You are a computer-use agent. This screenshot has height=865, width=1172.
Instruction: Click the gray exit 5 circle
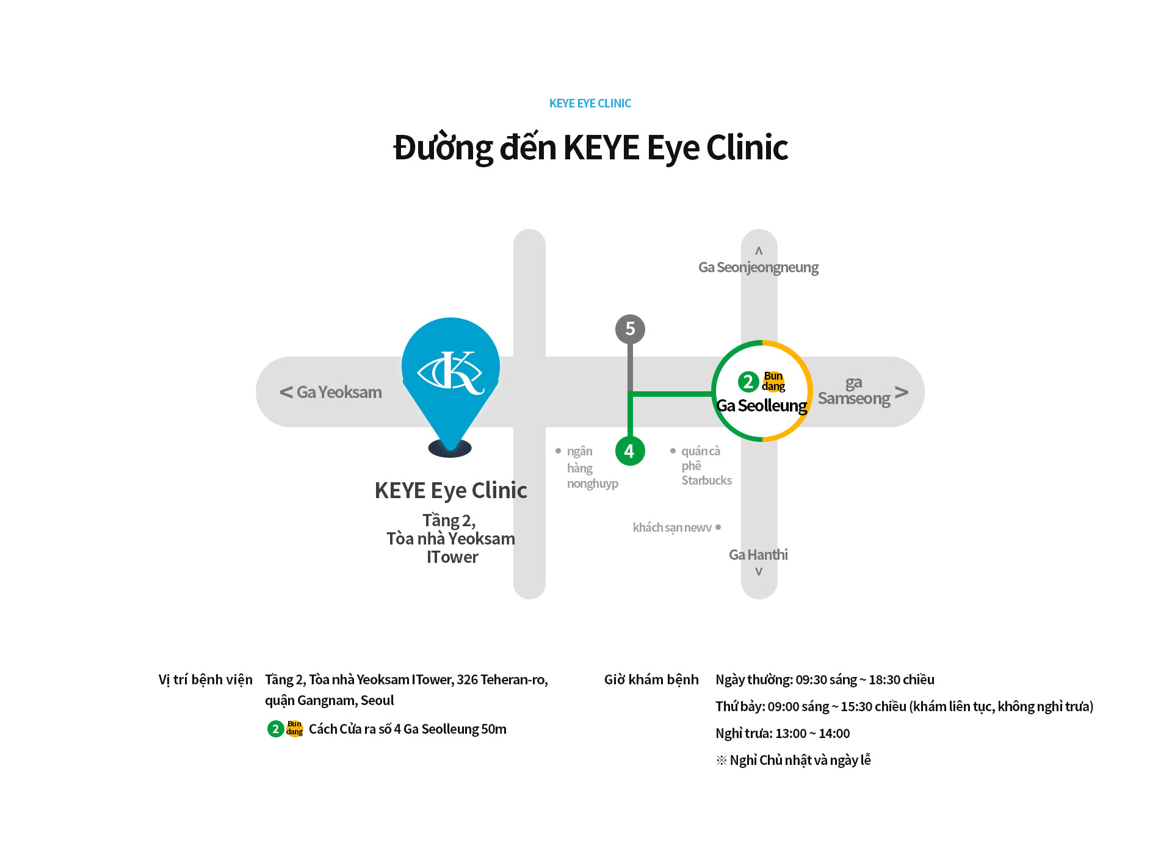click(630, 329)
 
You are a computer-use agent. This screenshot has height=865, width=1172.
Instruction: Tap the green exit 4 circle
click(630, 451)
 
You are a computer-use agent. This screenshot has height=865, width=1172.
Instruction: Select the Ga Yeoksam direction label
click(331, 392)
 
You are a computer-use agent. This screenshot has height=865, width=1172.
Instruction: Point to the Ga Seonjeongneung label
click(758, 267)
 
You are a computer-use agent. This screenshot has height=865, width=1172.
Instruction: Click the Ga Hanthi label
click(758, 555)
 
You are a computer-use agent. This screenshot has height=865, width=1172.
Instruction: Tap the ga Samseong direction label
click(855, 391)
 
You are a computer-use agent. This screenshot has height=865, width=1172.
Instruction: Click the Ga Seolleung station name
click(761, 406)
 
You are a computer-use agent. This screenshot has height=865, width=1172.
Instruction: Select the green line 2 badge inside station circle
click(748, 382)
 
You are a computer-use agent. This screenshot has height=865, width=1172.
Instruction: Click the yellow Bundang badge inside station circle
click(773, 382)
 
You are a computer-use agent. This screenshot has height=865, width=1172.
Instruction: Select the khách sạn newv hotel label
click(673, 527)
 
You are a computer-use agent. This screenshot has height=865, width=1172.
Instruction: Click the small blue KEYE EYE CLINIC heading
click(590, 104)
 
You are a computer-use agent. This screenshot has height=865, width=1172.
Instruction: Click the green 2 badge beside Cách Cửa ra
click(275, 728)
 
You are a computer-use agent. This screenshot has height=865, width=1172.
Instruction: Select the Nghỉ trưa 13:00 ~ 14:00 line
click(782, 733)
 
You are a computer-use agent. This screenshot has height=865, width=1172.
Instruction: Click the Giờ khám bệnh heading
click(651, 679)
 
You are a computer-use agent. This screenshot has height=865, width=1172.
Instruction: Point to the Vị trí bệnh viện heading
click(205, 679)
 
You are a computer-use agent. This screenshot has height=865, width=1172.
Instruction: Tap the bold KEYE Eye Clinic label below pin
click(450, 490)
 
